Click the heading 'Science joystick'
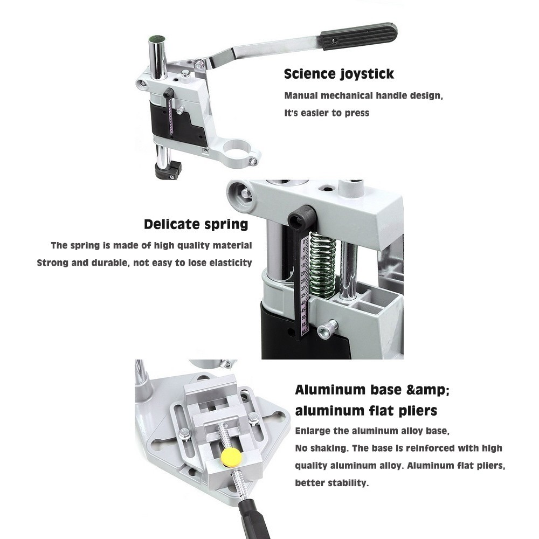338,74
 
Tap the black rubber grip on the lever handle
359,36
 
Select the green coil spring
322,263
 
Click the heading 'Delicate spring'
196,224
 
